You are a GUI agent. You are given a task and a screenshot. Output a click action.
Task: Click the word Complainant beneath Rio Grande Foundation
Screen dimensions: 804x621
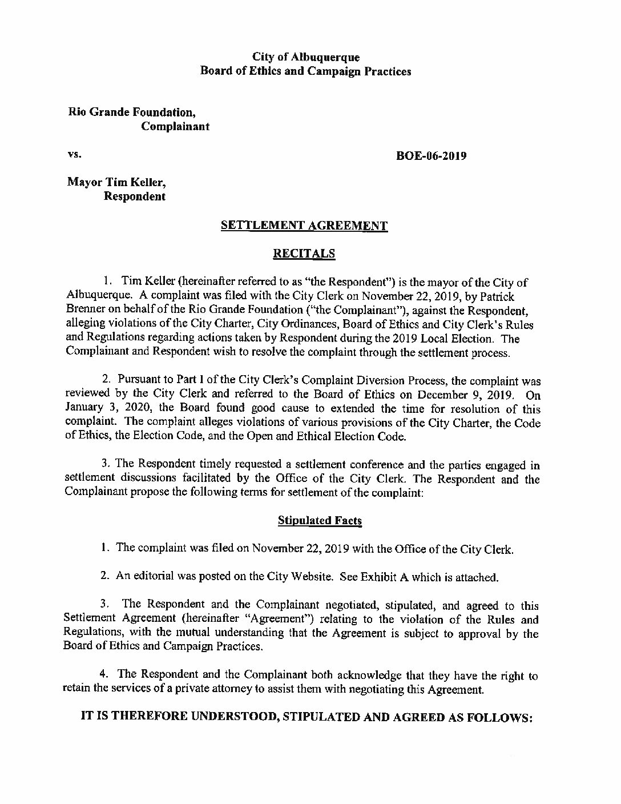175,126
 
